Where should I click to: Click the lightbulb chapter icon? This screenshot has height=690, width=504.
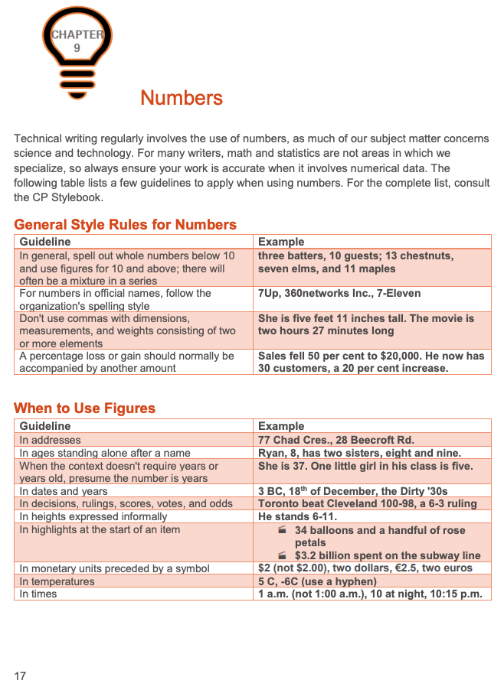76,50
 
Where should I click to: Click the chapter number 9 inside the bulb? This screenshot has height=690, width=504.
77,47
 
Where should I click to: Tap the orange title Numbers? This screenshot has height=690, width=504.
182,98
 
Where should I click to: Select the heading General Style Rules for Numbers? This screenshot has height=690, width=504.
125,224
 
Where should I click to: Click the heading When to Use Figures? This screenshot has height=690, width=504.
84,408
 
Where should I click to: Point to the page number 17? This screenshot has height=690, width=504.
20,675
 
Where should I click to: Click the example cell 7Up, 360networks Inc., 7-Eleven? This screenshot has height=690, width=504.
339,293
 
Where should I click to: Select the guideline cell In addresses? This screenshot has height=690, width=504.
50,440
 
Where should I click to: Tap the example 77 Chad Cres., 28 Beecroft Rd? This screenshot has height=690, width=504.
335,440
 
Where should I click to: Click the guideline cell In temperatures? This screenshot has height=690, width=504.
57,581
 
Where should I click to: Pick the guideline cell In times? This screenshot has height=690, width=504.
38,594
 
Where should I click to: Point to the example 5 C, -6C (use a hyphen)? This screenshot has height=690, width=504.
317,581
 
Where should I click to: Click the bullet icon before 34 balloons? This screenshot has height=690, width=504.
282,529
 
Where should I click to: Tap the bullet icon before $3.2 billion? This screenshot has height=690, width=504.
282,555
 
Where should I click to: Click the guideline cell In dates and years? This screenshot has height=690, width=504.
64,491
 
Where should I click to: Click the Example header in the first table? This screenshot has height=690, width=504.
281,242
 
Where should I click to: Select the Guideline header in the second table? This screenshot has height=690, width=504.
45,426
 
